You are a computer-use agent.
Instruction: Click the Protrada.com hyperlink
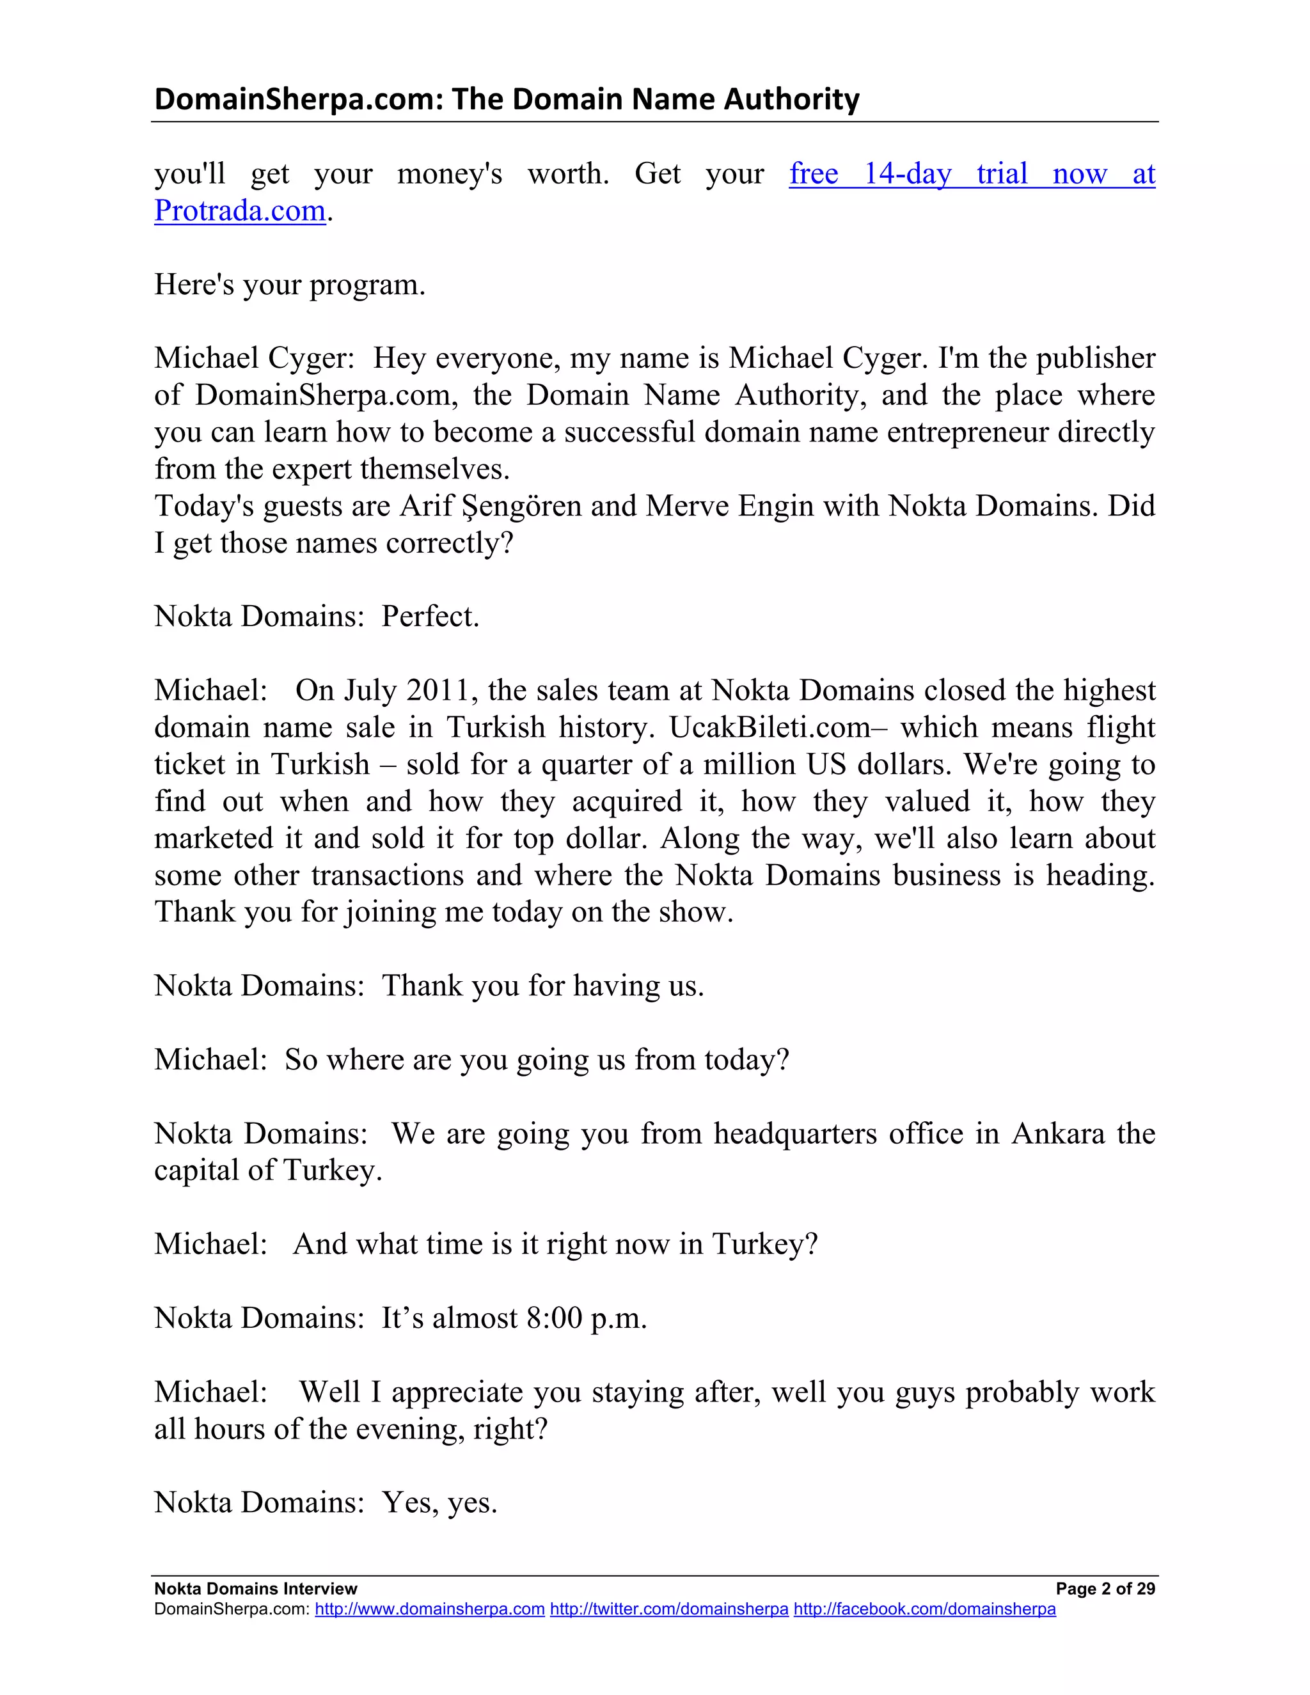pyautogui.click(x=240, y=211)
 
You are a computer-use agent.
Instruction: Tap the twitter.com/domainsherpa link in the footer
pyautogui.click(x=669, y=1609)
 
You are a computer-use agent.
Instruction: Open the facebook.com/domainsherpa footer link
pyautogui.click(x=924, y=1609)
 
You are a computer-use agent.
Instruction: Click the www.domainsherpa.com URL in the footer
pyautogui.click(x=429, y=1609)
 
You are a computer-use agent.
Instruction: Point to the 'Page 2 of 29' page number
pyautogui.click(x=1105, y=1589)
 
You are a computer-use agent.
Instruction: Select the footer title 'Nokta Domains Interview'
pyautogui.click(x=255, y=1589)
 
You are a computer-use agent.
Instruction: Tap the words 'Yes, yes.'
pyautogui.click(x=439, y=1503)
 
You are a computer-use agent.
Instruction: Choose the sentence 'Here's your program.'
pyautogui.click(x=290, y=285)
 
